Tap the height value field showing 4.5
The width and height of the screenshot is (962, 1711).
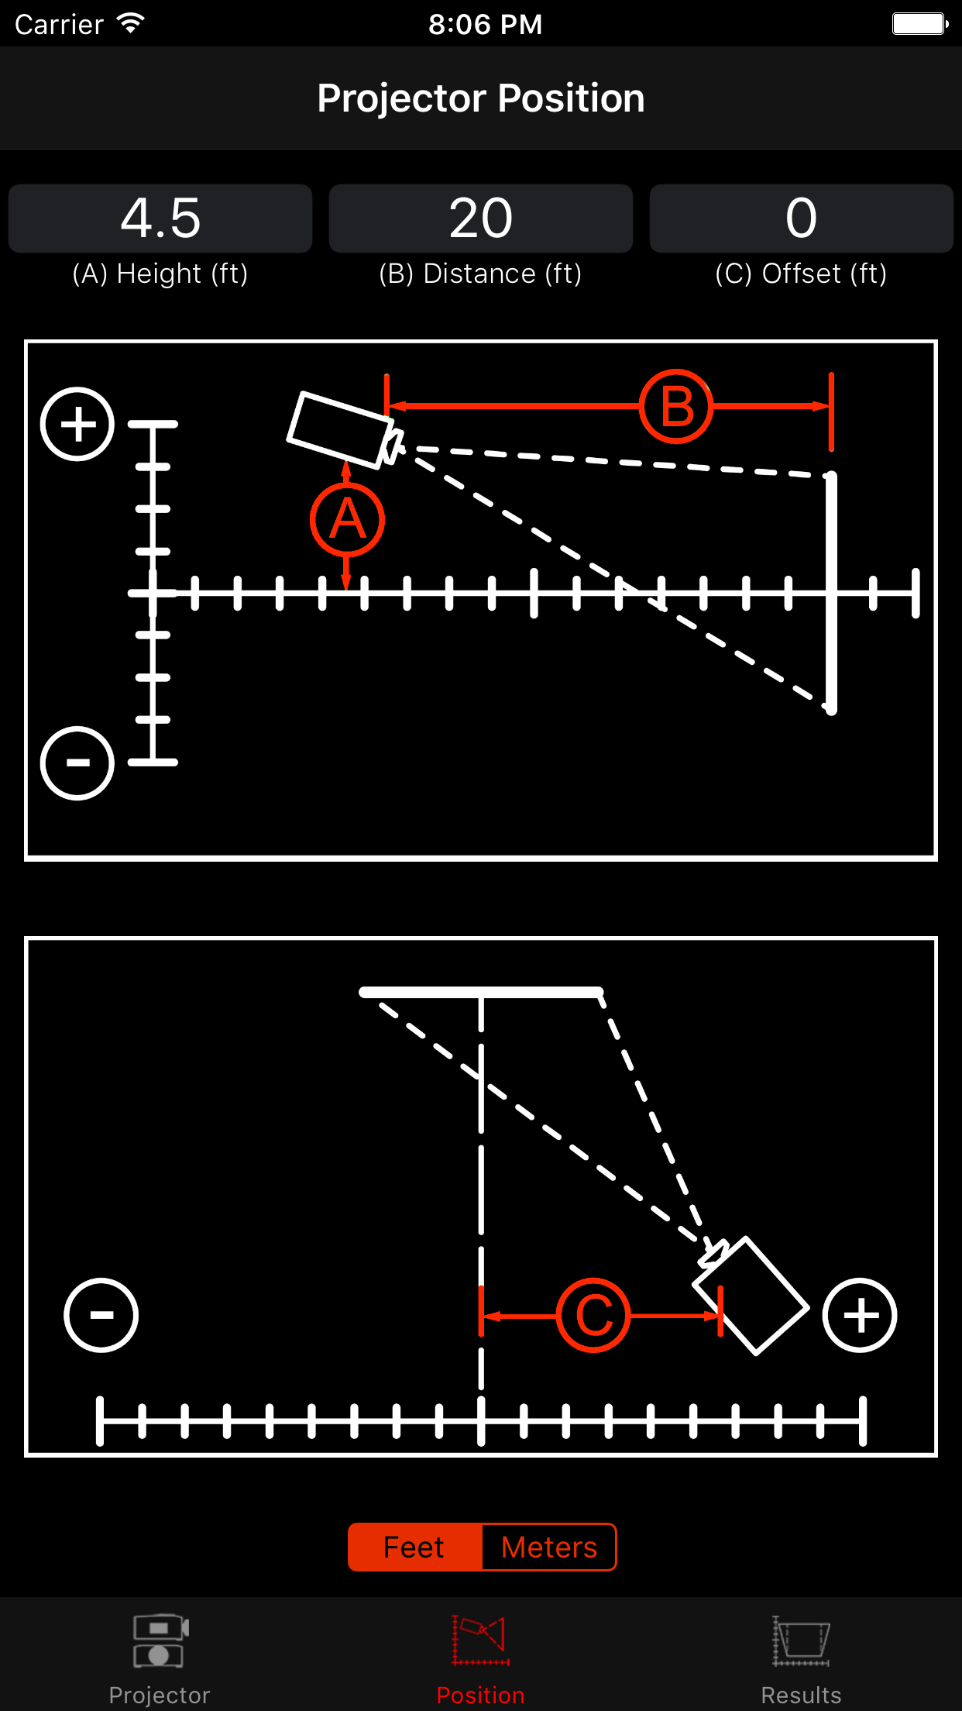pos(160,218)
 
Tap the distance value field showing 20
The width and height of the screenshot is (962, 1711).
pos(481,218)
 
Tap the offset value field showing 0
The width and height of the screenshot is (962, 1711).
pos(801,218)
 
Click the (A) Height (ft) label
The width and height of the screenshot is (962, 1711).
pos(160,274)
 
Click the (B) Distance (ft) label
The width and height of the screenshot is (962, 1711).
pos(481,274)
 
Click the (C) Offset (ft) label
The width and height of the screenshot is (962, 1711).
pos(801,274)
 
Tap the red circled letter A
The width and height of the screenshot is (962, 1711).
pos(347,520)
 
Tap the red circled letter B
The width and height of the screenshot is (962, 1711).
pos(676,406)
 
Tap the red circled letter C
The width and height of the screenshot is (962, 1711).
pos(593,1315)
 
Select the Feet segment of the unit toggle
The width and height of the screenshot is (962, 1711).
pos(414,1547)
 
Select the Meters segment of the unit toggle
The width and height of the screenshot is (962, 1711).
pos(549,1547)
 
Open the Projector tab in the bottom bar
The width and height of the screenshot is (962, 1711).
pos(160,1658)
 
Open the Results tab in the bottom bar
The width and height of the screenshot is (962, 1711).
pos(801,1658)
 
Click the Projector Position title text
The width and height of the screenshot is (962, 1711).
pos(481,98)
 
